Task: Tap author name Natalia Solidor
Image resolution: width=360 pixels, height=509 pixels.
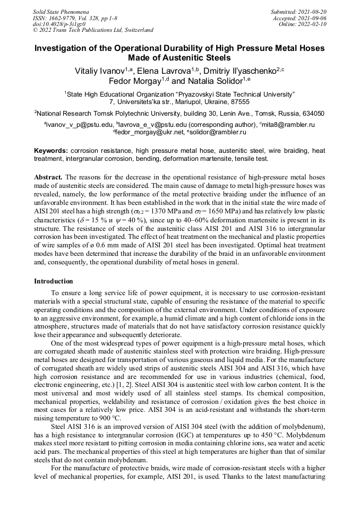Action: point(213,81)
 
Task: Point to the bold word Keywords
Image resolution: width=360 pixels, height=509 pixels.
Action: point(51,151)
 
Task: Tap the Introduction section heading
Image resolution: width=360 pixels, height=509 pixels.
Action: point(54,281)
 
